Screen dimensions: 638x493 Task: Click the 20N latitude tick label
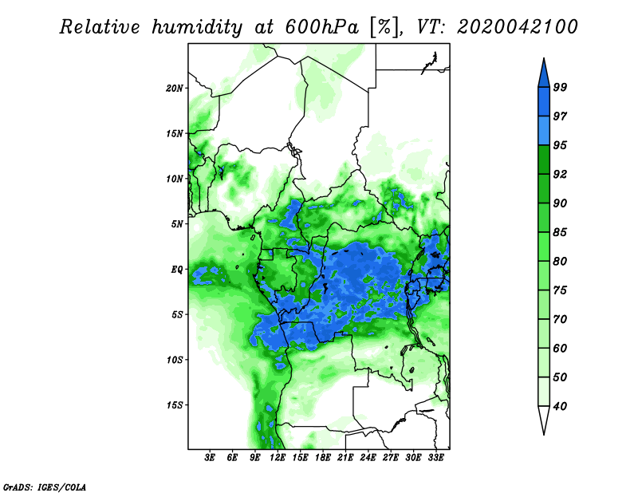pyautogui.click(x=175, y=88)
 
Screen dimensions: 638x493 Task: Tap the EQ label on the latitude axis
pyautogui.click(x=176, y=270)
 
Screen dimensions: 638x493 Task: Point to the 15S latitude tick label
pyautogui.click(x=175, y=405)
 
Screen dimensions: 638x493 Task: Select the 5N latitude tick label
pyautogui.click(x=177, y=224)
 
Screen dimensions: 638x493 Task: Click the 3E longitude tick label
pyautogui.click(x=210, y=458)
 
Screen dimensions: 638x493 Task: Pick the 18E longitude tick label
pyautogui.click(x=323, y=458)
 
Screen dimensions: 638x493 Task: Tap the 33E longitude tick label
pyautogui.click(x=435, y=458)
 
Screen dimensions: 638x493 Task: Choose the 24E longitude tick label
pyautogui.click(x=368, y=458)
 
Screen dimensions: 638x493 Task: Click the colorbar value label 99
pyautogui.click(x=560, y=87)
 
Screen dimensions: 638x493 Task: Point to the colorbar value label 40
pyautogui.click(x=560, y=406)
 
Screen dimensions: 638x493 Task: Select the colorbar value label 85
pyautogui.click(x=560, y=232)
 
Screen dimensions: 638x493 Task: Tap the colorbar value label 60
pyautogui.click(x=560, y=348)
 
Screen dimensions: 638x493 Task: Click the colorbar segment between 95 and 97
pyautogui.click(x=544, y=131)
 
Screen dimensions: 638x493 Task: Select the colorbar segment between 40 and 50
pyautogui.click(x=544, y=392)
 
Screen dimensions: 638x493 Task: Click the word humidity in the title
pyautogui.click(x=197, y=27)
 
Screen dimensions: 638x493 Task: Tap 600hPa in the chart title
pyautogui.click(x=322, y=27)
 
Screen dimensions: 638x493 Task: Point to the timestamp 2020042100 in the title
pyautogui.click(x=517, y=27)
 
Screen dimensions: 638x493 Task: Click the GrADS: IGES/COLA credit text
pyautogui.click(x=45, y=487)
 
